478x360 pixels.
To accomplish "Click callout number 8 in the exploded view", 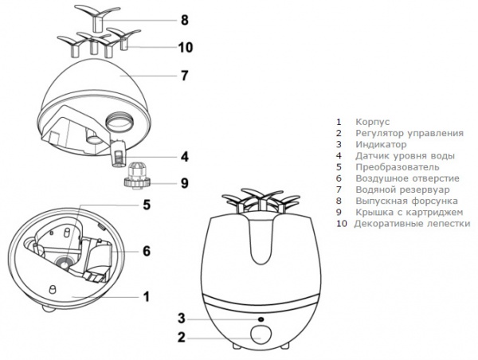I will click(x=184, y=18).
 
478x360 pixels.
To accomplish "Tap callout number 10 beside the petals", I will click(x=185, y=48).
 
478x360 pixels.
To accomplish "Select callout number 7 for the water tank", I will click(x=184, y=76).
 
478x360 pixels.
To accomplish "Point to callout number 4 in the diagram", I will click(x=184, y=155).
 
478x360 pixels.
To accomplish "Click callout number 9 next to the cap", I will click(x=184, y=183).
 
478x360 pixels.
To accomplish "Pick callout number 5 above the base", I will click(x=147, y=205).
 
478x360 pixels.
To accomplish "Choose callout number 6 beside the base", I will click(x=147, y=251).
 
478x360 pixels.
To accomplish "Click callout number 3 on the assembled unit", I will click(x=182, y=319).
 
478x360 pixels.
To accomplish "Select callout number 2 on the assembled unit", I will click(x=182, y=338).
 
